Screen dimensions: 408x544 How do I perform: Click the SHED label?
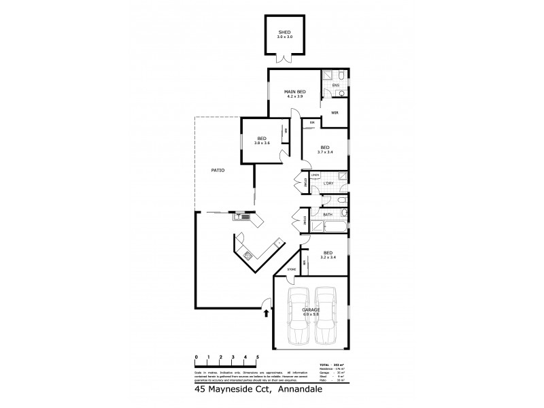[x=284, y=31]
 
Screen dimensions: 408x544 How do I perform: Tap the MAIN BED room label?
[x=294, y=92]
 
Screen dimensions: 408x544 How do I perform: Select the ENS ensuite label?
[x=335, y=85]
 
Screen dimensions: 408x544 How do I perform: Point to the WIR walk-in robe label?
[x=335, y=113]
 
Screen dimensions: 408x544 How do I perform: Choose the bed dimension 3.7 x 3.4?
[x=325, y=152]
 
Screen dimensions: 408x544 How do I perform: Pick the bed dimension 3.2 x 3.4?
[x=328, y=258]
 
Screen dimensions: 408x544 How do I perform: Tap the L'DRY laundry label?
[x=327, y=184]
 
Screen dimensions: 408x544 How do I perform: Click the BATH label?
[x=328, y=215]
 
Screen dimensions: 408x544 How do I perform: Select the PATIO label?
[x=218, y=170]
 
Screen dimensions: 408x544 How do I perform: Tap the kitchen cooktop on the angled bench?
[x=248, y=256]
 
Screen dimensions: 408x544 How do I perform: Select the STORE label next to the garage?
[x=292, y=270]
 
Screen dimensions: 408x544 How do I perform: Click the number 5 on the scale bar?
[x=257, y=356]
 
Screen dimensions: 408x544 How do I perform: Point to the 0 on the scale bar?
[x=196, y=356]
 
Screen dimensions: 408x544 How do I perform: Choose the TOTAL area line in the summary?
[x=332, y=364]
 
